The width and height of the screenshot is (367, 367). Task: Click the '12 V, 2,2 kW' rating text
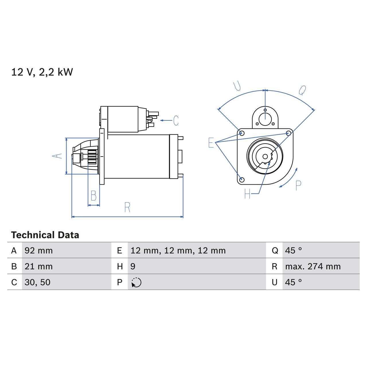[x=42, y=72]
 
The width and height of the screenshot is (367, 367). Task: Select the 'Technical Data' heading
[x=45, y=235]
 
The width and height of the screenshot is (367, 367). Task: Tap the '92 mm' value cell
[x=38, y=251]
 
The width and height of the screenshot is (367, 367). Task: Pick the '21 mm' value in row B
[x=38, y=266]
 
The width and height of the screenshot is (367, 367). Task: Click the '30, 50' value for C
[x=37, y=282]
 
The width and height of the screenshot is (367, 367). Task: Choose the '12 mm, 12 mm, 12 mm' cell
[x=178, y=251]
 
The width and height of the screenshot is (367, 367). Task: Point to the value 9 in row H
[x=133, y=266]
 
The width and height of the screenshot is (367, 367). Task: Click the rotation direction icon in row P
[x=136, y=282]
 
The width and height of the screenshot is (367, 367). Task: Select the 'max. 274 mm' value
[x=313, y=266]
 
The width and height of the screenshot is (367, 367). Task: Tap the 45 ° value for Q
[x=293, y=251]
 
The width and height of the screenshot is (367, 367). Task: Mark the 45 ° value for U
[x=293, y=282]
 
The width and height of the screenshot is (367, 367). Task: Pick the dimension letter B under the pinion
[x=93, y=196]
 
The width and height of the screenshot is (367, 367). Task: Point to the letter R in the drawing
[x=127, y=207]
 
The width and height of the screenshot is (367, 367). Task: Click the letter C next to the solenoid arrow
[x=176, y=120]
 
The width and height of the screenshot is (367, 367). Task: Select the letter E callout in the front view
[x=211, y=142]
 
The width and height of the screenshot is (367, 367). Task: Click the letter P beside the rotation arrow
[x=298, y=186]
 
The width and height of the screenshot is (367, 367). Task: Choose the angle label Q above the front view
[x=302, y=90]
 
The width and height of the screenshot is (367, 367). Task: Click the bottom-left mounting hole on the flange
[x=242, y=179]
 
